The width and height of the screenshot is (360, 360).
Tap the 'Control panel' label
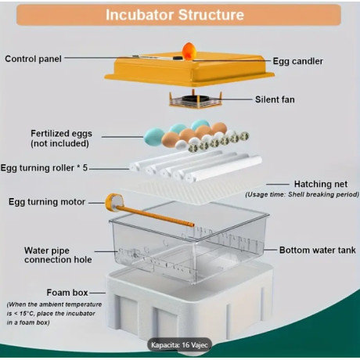[x=34, y=59]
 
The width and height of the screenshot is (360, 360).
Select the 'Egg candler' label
[x=297, y=60]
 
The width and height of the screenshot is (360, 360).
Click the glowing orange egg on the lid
[x=189, y=49]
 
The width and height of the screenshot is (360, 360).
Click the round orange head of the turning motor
[x=114, y=203]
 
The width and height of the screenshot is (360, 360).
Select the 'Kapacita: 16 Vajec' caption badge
[x=180, y=344]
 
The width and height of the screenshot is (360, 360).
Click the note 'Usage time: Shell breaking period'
[x=302, y=194]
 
